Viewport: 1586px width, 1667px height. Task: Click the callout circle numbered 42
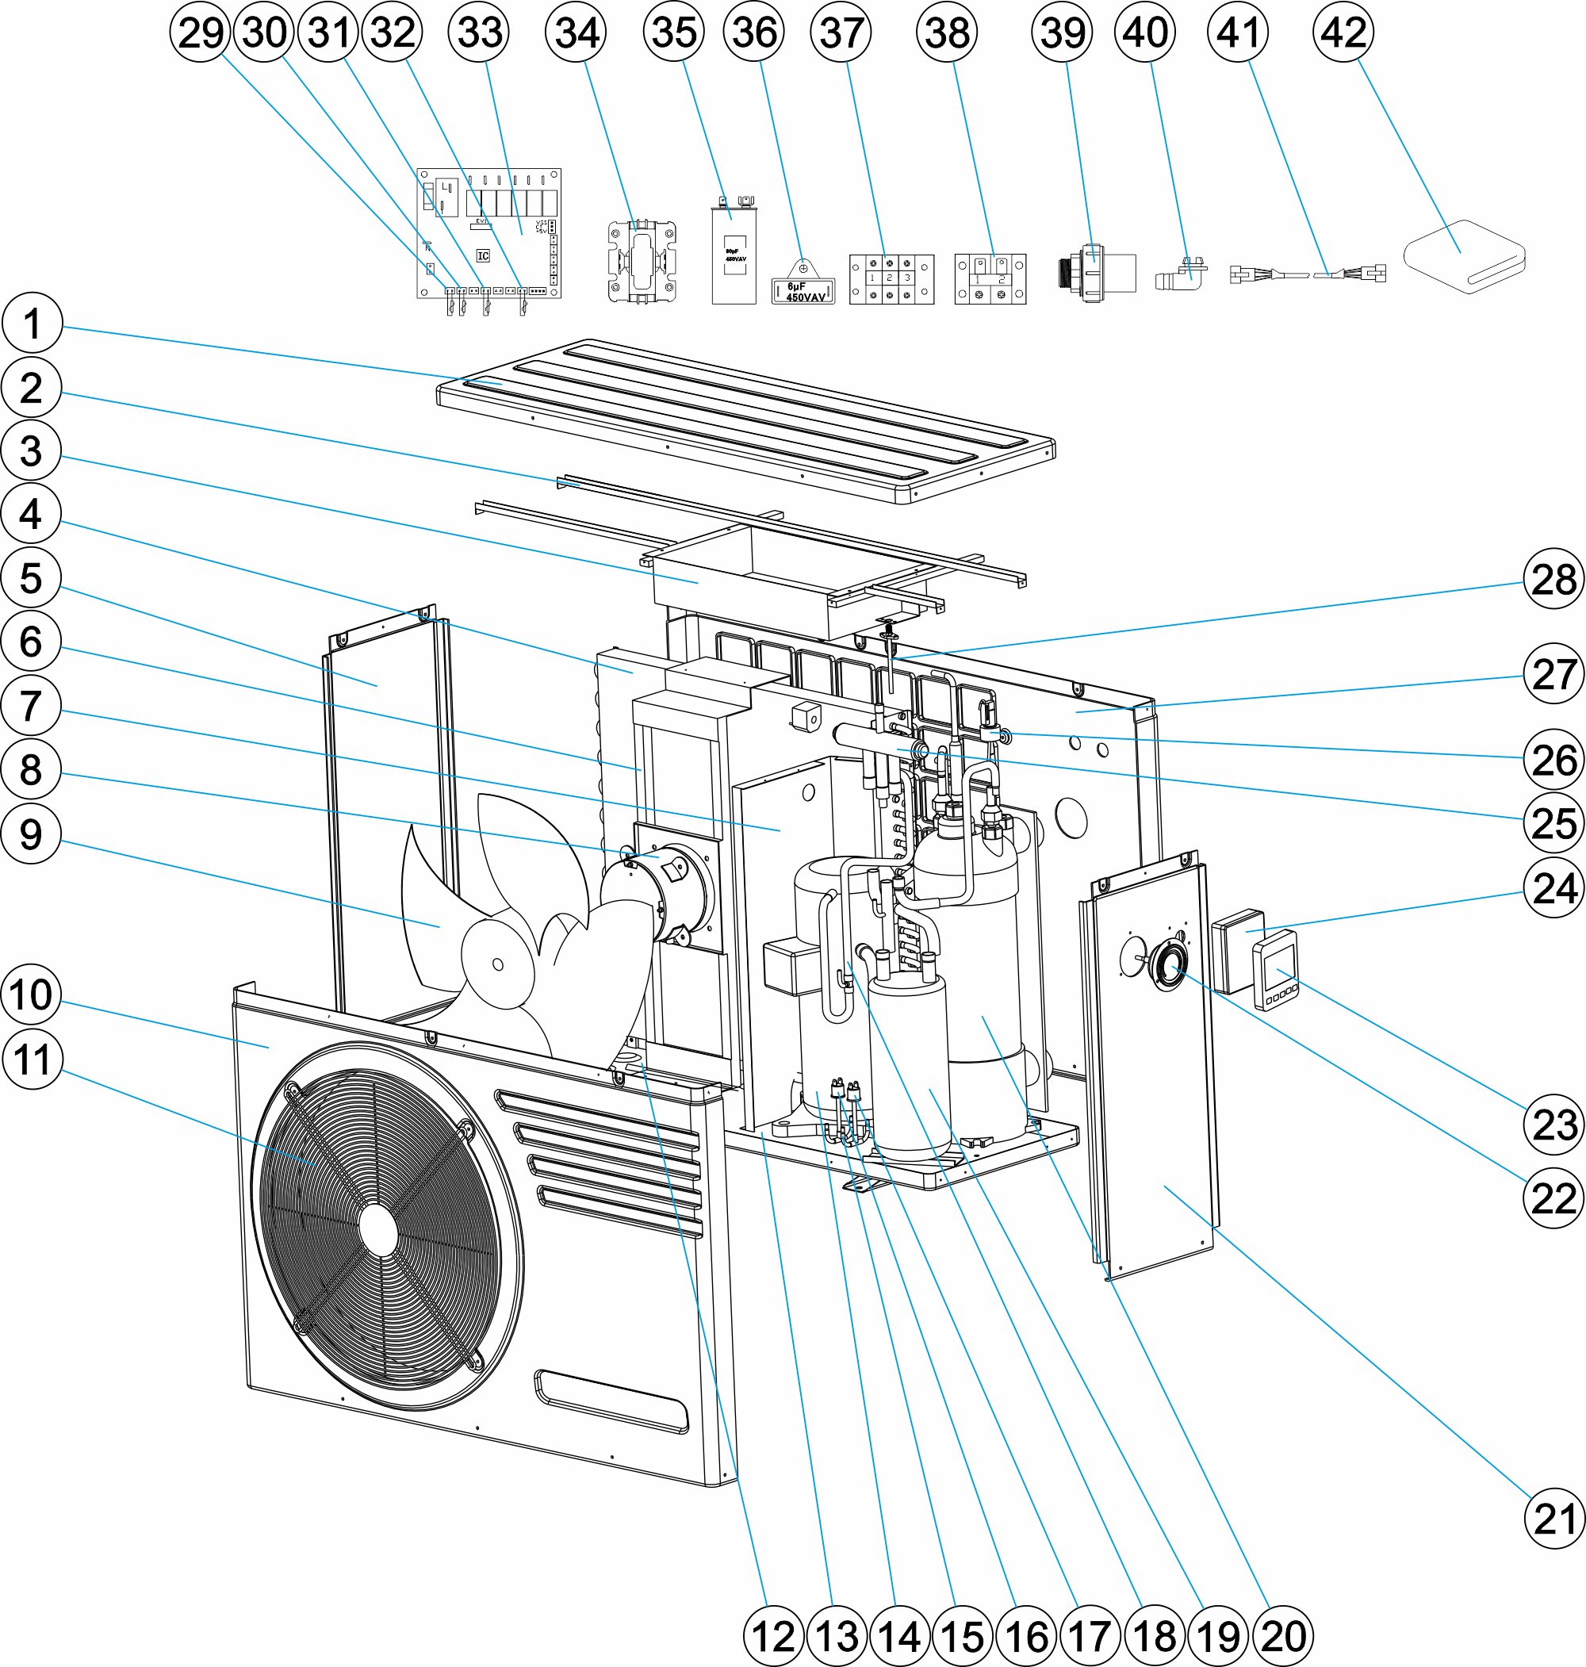tap(1343, 33)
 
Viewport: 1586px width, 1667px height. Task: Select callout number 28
tap(1553, 579)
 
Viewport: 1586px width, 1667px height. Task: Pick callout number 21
tap(1553, 1519)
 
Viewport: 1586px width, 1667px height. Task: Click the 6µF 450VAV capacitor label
tap(803, 291)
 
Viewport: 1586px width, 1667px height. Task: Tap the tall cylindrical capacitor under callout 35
tap(733, 255)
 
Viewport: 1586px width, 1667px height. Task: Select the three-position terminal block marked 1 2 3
tap(891, 279)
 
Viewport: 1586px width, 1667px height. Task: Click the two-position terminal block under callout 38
tap(990, 279)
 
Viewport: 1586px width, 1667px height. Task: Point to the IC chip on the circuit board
tap(483, 255)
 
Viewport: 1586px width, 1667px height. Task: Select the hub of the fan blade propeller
tap(497, 964)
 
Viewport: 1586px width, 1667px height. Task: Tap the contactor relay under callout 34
tap(642, 261)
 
